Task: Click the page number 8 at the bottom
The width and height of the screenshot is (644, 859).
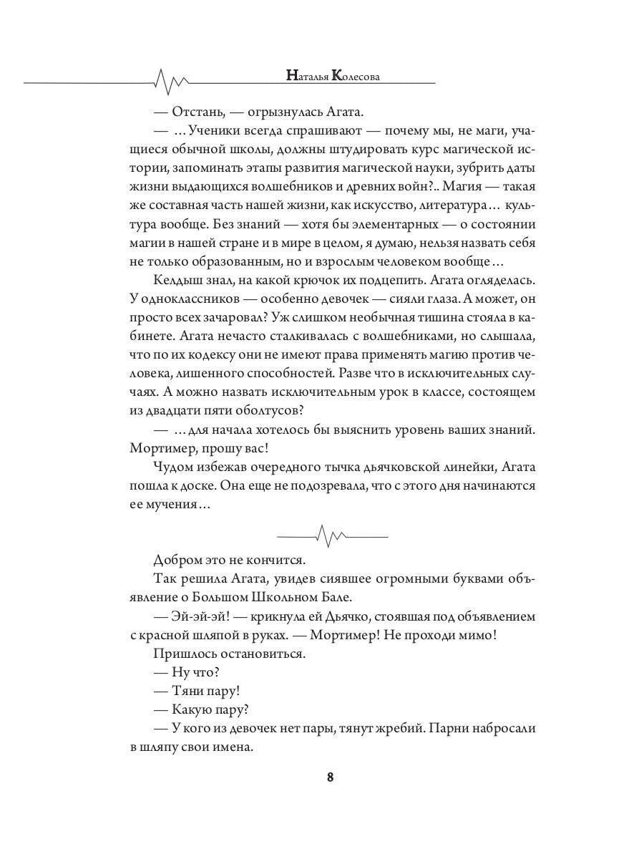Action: coord(330,777)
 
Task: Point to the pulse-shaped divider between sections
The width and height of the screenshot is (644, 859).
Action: coord(331,535)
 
